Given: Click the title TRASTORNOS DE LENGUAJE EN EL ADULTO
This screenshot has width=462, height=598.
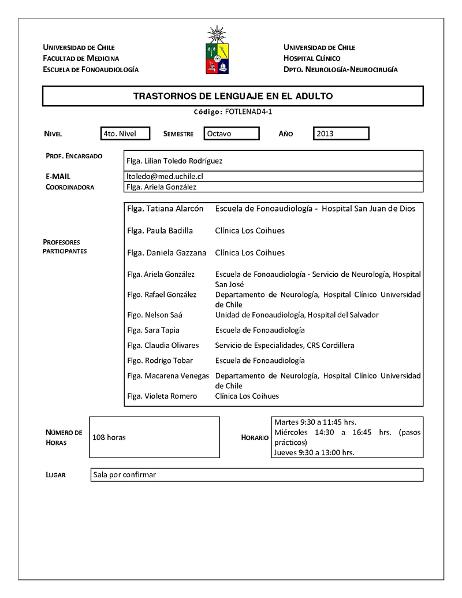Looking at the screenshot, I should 233,96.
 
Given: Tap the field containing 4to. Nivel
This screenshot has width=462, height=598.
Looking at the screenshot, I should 125,134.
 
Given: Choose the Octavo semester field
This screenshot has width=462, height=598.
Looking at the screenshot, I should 231,134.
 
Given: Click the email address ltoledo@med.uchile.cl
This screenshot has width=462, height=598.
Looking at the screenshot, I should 165,176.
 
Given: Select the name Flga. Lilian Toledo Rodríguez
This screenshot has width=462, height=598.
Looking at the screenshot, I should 174,161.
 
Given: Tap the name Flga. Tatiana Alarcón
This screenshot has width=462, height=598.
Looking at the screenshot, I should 165,208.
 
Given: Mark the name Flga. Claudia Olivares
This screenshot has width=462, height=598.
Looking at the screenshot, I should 163,346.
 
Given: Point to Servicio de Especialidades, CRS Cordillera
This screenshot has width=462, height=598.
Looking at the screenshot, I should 285,346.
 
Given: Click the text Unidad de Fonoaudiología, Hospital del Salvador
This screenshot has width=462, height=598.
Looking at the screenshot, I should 297,315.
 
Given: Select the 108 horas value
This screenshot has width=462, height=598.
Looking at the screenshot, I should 109,437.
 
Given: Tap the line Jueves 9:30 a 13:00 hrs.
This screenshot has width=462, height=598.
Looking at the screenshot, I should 314,452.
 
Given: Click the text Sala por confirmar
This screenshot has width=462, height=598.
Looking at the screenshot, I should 125,475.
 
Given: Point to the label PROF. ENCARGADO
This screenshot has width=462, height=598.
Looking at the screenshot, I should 74,156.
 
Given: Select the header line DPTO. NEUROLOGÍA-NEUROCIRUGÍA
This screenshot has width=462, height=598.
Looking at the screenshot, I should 340,69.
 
